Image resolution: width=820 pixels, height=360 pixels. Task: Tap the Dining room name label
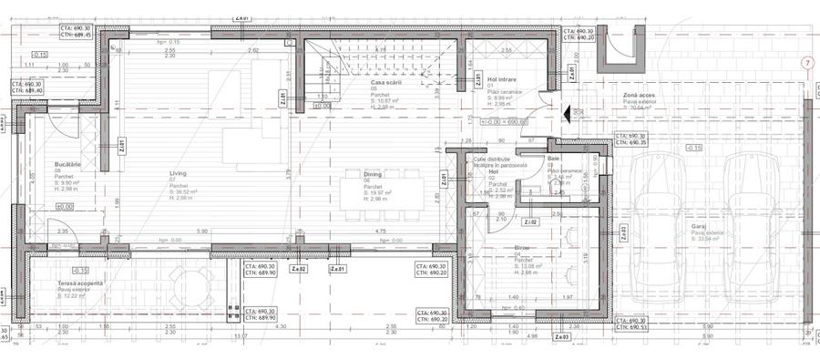374,171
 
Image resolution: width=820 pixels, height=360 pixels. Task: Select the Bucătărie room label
68,164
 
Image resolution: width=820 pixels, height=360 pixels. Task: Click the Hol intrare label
502,80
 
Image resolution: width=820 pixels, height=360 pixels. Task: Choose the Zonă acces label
638,94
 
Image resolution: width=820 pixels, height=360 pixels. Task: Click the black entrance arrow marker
566,114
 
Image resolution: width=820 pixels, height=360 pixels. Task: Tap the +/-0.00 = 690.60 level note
517,120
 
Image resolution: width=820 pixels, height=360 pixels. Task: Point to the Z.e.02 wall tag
298,270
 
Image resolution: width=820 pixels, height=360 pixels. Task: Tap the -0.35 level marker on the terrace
79,270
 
